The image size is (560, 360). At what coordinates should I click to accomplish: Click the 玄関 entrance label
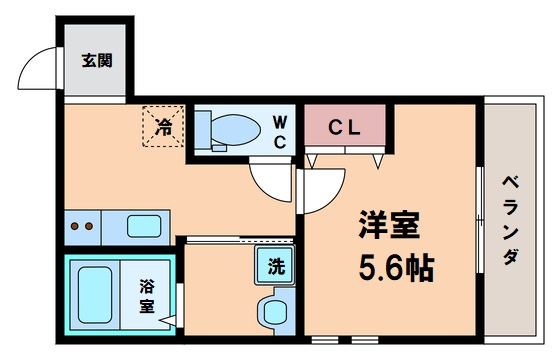97,61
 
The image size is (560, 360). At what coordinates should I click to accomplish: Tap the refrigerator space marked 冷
163,126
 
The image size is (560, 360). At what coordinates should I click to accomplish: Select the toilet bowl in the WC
235,129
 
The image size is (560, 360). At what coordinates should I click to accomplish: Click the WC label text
280,133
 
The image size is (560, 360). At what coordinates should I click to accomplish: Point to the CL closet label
345,128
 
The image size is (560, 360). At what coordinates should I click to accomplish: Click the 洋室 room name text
389,225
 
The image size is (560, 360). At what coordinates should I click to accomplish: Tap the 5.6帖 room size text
396,268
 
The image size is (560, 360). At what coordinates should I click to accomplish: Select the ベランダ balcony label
511,220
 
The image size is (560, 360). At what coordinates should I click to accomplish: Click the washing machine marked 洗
275,265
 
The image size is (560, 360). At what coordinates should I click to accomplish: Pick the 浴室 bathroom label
147,296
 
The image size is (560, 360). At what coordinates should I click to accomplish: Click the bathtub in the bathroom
95,295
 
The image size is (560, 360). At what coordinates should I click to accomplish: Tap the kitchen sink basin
144,226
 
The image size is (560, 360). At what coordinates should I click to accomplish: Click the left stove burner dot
75,226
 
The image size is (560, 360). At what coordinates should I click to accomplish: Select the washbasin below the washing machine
274,311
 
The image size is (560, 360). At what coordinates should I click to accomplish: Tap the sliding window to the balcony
480,220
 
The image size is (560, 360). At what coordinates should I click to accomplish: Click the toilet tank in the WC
203,129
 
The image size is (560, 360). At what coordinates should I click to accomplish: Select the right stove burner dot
89,226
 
